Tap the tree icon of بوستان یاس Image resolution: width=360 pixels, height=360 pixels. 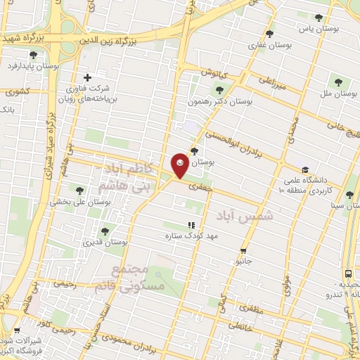coord(319,18)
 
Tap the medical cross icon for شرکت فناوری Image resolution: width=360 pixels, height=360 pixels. coord(87,77)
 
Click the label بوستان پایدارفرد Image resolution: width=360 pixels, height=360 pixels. coord(32,66)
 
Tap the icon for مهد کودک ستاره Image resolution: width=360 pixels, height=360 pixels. coord(191,225)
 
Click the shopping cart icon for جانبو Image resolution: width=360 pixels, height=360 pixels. coord(243,251)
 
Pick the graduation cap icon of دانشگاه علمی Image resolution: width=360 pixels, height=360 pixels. coord(304,169)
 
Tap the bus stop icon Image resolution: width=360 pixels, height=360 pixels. coord(349,274)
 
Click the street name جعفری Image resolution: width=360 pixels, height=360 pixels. coord(200,189)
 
